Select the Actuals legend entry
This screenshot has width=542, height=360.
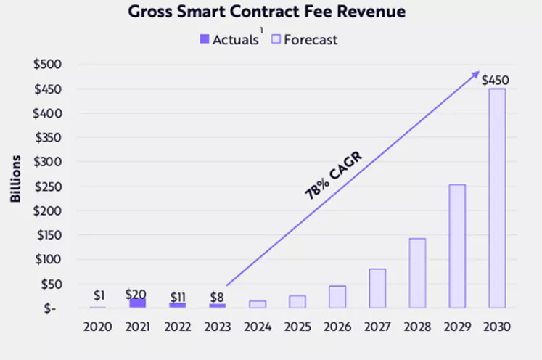point(229,40)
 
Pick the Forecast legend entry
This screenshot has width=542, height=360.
point(305,40)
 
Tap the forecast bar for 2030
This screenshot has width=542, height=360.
point(496,198)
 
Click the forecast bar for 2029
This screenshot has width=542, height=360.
point(457,246)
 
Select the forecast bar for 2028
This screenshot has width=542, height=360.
point(417,273)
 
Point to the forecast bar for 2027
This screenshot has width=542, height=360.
point(377,288)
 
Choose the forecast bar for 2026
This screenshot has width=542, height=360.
point(337,297)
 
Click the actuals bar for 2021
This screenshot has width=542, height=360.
point(137,303)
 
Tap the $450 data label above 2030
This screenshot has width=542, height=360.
point(496,79)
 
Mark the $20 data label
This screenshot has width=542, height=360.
point(136,294)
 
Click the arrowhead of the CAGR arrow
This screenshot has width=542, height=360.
point(475,74)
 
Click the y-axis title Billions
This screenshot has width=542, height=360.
point(15,177)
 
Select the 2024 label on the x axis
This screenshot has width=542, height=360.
point(257,327)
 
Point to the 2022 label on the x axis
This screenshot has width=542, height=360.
point(177,327)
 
